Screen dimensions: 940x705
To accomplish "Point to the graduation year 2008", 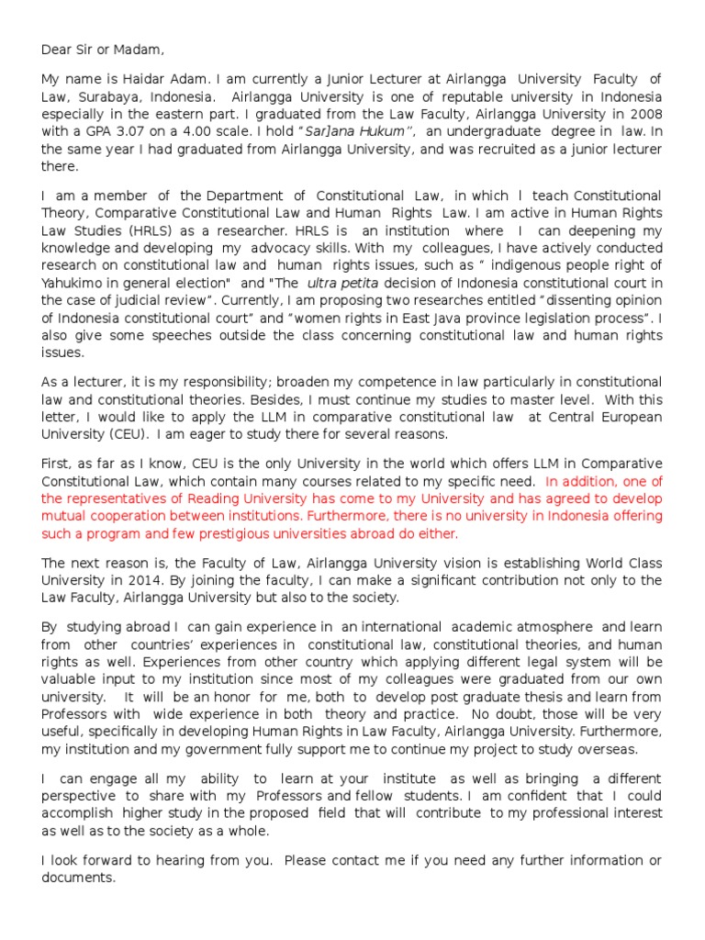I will pos(643,114).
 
